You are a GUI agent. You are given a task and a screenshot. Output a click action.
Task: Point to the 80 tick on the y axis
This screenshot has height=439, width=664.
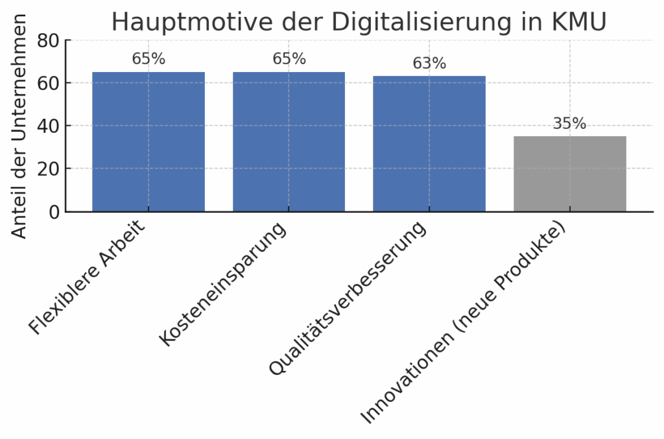48,41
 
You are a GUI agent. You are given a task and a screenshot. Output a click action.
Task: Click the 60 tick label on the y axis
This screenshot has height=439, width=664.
48,83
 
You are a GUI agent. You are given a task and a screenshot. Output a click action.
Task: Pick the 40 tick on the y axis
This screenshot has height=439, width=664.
48,126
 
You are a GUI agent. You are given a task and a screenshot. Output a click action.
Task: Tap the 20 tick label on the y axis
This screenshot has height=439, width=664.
48,169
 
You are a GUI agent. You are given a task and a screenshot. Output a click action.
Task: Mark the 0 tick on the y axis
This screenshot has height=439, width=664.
54,211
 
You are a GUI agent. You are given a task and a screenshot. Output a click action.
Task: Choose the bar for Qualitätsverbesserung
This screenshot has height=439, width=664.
429,143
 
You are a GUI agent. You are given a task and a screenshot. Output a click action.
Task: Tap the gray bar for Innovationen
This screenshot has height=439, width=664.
569,174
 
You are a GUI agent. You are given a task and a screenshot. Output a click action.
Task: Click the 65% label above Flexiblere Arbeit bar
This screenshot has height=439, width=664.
148,59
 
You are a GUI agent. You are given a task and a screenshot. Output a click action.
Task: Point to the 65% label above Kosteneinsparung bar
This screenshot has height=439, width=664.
289,59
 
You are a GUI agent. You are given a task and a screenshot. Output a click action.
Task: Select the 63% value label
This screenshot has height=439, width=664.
429,64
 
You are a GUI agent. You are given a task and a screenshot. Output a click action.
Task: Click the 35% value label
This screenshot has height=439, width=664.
569,123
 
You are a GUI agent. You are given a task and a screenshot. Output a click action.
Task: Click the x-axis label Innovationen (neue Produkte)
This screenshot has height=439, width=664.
463,325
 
